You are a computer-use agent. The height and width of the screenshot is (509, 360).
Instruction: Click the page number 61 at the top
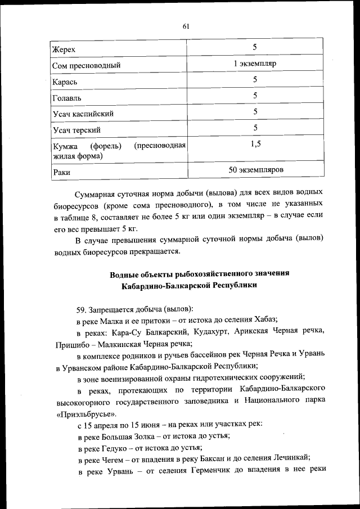(186, 26)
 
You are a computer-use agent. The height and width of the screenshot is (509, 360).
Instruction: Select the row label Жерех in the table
(63, 49)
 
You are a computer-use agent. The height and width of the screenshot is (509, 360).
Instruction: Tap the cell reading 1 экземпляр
(255, 64)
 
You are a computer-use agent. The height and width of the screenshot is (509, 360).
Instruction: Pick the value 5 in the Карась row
(255, 80)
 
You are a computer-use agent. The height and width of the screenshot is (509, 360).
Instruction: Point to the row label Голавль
(66, 98)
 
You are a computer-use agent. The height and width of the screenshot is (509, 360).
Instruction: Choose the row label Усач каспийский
(83, 114)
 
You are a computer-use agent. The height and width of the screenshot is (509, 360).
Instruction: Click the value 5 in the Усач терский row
(255, 128)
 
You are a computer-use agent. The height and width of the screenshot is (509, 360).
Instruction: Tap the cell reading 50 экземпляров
(255, 169)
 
